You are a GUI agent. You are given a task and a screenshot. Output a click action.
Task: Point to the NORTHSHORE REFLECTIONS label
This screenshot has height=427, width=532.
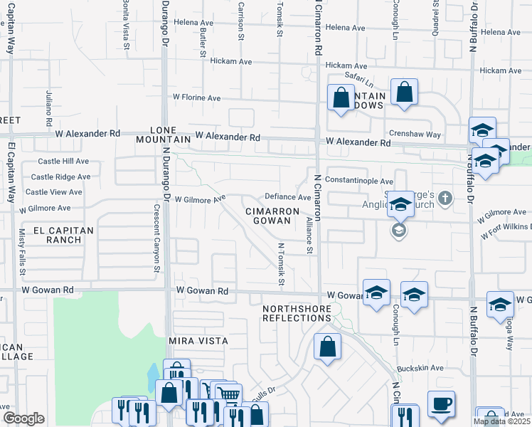pyautogui.click(x=297, y=313)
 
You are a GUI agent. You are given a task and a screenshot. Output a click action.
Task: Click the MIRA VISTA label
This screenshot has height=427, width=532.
pyautogui.click(x=198, y=341)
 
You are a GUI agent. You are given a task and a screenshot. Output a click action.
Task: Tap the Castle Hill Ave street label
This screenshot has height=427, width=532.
pyautogui.click(x=63, y=162)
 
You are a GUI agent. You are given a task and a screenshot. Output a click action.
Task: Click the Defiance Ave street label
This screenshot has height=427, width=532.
pyautogui.click(x=287, y=197)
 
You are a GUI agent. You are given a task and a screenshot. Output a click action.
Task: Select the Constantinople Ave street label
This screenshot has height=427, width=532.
pyautogui.click(x=359, y=181)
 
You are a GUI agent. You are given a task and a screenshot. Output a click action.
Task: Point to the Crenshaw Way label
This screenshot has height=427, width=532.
pyautogui.click(x=415, y=134)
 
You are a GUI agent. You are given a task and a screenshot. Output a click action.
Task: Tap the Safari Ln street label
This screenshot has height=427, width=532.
pyautogui.click(x=359, y=78)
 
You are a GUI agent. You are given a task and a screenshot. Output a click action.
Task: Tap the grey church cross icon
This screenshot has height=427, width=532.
pyautogui.click(x=445, y=198)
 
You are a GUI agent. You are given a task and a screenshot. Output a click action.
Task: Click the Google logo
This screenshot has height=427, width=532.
pyautogui.click(x=23, y=418)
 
